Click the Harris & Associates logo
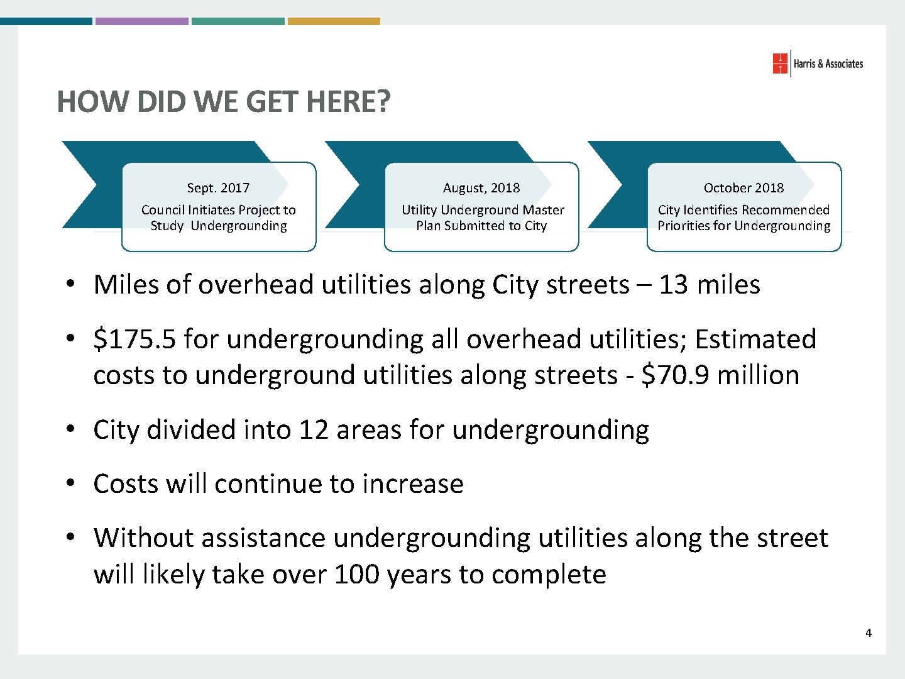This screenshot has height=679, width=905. pyautogui.click(x=817, y=63)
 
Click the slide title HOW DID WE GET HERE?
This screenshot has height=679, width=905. pyautogui.click(x=224, y=102)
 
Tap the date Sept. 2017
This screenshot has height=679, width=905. pyautogui.click(x=218, y=188)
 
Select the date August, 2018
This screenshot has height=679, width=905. pyautogui.click(x=481, y=188)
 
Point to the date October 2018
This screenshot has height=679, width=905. pyautogui.click(x=743, y=188)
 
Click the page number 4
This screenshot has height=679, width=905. pyautogui.click(x=869, y=633)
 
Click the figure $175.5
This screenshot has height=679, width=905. pyautogui.click(x=134, y=339)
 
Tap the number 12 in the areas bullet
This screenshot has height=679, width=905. pyautogui.click(x=314, y=430)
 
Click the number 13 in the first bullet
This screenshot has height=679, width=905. pyautogui.click(x=673, y=285)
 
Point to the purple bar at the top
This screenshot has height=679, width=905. pyautogui.click(x=141, y=21)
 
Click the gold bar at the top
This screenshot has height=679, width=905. pyautogui.click(x=334, y=21)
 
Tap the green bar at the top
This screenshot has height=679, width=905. pyautogui.click(x=238, y=21)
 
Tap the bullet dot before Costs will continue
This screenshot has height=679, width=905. pyautogui.click(x=73, y=483)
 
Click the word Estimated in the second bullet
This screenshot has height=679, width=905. pyautogui.click(x=755, y=339)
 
